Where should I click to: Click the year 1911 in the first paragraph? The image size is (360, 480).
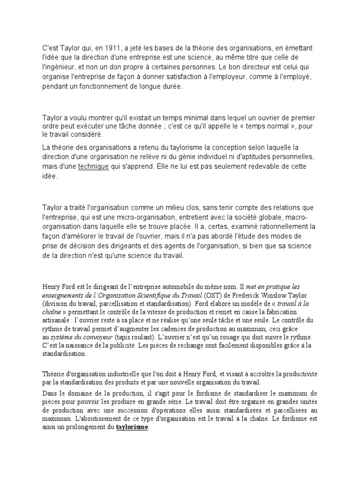[x=108, y=47]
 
